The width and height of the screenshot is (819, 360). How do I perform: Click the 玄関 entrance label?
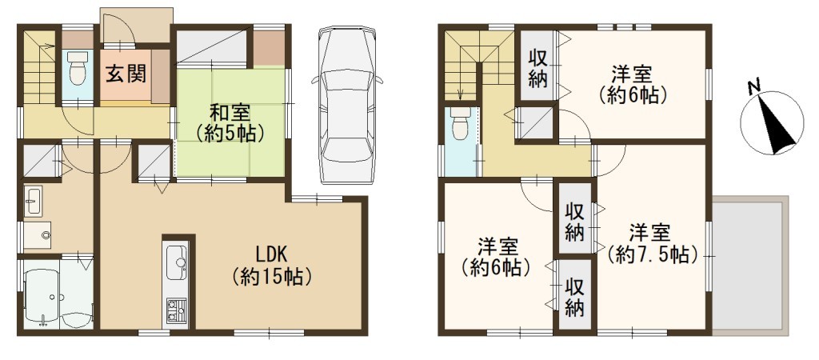[126, 75]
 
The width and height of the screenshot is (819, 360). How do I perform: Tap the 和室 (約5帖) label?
[230, 123]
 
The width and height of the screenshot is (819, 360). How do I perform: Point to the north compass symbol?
[772, 122]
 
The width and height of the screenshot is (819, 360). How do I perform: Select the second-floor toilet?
[460, 123]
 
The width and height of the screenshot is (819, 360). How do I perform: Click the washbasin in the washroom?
[34, 202]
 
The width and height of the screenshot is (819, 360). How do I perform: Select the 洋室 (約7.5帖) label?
[653, 243]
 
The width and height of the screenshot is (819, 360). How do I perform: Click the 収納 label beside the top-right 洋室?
[537, 68]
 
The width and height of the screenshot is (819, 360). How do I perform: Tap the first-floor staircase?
[39, 68]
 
